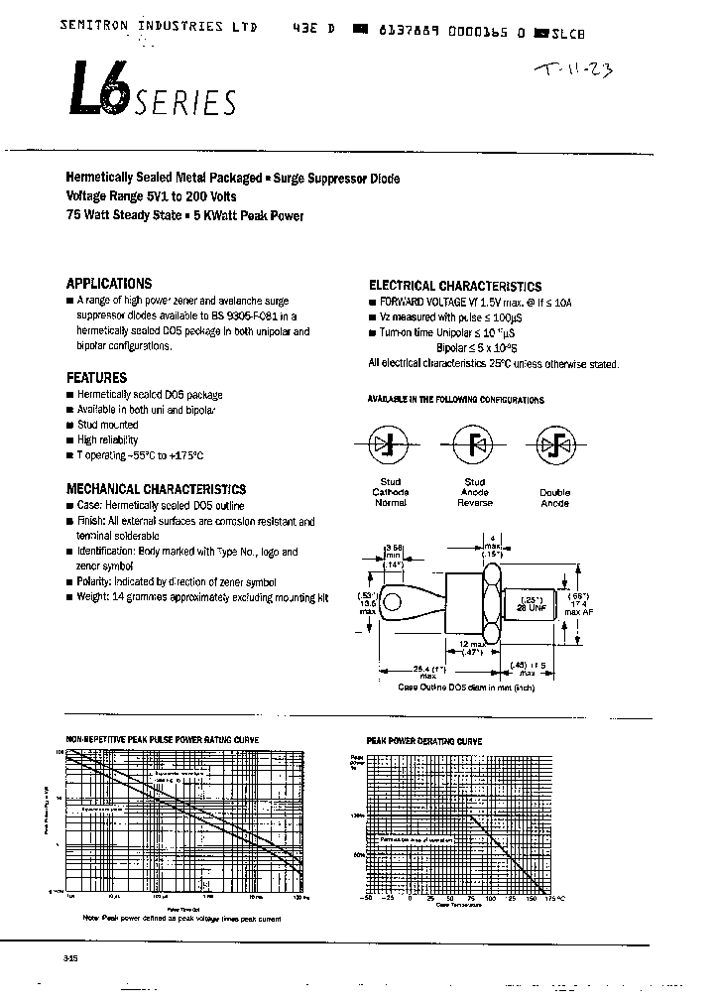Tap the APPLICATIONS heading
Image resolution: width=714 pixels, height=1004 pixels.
click(x=109, y=283)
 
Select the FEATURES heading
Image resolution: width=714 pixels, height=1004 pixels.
click(x=96, y=378)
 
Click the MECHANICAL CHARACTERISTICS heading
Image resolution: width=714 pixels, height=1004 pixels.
click(x=156, y=489)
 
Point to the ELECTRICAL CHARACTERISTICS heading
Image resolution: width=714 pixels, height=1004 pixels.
click(x=455, y=286)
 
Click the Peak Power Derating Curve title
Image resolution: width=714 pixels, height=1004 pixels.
click(x=424, y=741)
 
